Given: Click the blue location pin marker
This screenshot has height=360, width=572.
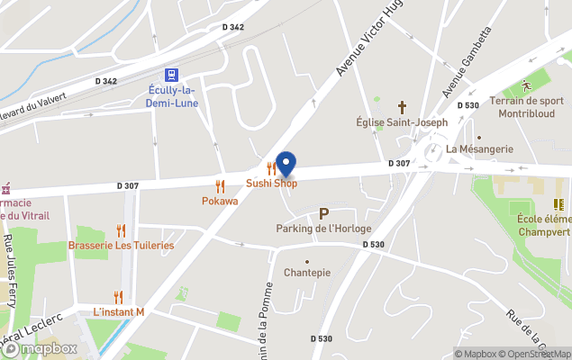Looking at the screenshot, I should click(286, 164).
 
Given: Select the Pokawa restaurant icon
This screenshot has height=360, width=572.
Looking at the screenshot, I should click(220, 187).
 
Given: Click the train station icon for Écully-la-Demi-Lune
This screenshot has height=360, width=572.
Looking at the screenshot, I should click(170, 75).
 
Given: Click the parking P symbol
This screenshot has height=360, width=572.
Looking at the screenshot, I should click(323, 214).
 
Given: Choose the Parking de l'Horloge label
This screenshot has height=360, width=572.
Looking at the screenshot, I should click(323, 229).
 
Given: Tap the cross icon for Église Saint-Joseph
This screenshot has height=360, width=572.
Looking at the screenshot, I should click(402, 106).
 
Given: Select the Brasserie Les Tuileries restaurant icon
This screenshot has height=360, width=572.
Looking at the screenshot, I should click(121, 231).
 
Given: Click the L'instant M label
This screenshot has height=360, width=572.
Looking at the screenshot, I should click(118, 312).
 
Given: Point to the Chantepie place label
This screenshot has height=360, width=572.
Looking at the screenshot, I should click(306, 272).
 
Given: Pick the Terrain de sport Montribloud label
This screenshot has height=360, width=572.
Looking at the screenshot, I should click(528, 107).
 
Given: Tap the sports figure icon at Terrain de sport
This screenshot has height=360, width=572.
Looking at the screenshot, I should click(526, 85).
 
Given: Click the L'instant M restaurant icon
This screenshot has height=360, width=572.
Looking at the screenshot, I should click(118, 297).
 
